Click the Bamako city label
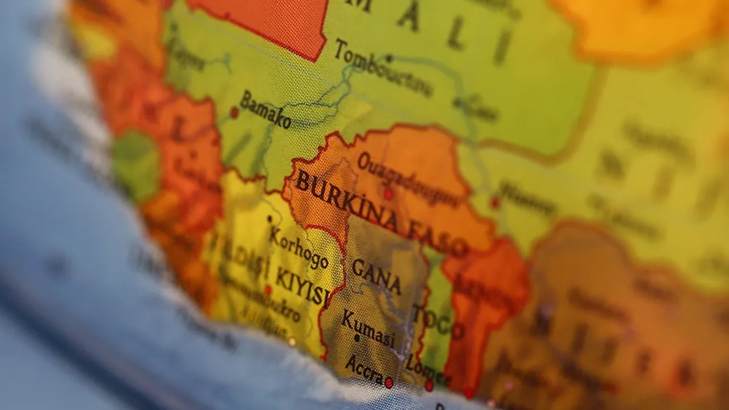[265, 109]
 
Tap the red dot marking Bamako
[234, 113]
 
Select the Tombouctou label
[383, 69]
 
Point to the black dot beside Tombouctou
[390, 58]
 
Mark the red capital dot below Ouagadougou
[388, 194]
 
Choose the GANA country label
[376, 276]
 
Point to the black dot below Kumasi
[357, 338]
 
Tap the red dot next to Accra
[389, 383]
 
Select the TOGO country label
[437, 322]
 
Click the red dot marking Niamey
[495, 202]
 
